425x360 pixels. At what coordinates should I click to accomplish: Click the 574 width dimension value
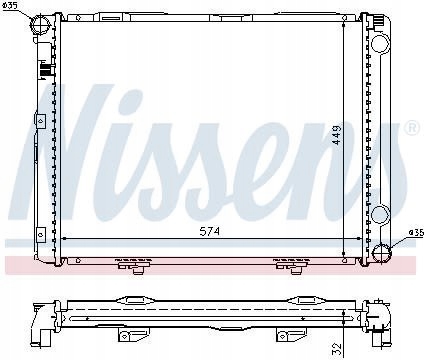coord(210,231)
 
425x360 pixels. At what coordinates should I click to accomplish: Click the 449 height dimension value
coord(337,135)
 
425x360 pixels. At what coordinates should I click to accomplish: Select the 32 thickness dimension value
coord(337,348)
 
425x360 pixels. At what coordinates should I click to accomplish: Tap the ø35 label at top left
coord(12,5)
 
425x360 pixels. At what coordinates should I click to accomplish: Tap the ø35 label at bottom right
coord(417,232)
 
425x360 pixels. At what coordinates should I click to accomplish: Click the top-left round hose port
coord(40,24)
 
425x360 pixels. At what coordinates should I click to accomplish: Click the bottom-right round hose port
coord(381,253)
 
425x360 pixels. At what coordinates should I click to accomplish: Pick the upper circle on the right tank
coord(380,44)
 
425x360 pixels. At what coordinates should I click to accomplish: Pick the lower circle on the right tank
coord(380,214)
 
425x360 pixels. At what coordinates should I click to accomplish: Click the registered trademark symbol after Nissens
coord(412,127)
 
